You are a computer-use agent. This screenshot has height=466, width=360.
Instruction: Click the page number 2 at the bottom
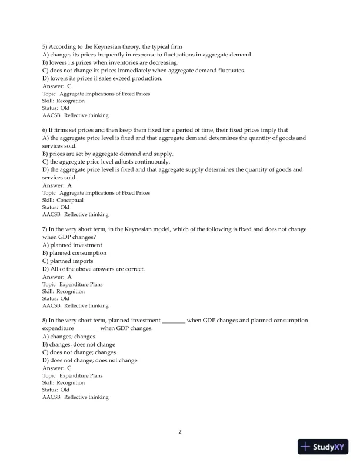tap(180, 432)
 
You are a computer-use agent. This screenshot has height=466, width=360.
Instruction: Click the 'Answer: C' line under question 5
tap(57, 86)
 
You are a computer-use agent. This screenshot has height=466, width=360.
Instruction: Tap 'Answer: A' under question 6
tap(57, 185)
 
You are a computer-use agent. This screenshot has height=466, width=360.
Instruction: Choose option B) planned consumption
tap(74, 253)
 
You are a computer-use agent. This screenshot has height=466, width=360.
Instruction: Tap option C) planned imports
tap(68, 261)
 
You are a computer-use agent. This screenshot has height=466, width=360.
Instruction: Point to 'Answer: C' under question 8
tap(57, 367)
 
